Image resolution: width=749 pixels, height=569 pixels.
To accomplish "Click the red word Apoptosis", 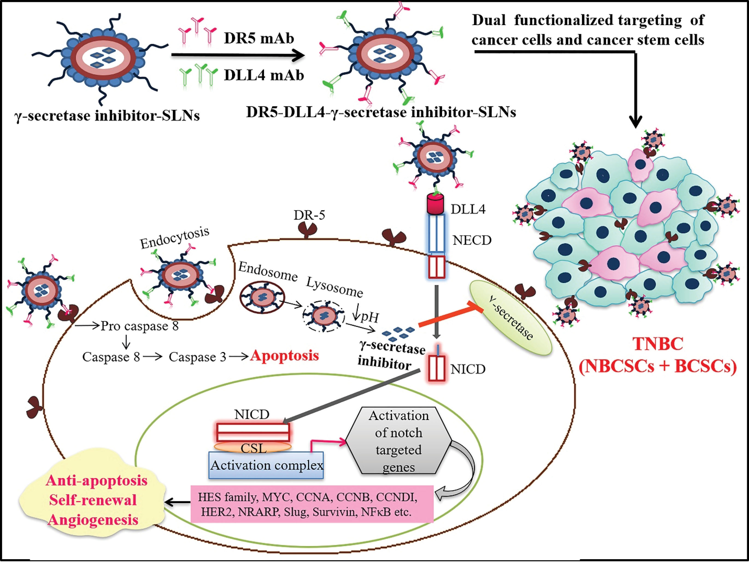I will [284, 356].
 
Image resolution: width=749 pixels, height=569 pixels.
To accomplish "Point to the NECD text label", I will [472, 240].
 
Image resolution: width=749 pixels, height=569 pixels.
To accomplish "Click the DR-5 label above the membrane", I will [309, 215].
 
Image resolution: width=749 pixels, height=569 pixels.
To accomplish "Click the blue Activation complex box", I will [266, 465].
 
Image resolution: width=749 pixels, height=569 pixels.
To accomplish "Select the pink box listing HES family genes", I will [312, 504].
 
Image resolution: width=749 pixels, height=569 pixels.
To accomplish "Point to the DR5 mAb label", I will [259, 38].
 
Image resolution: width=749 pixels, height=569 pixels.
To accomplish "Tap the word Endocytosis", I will [175, 238].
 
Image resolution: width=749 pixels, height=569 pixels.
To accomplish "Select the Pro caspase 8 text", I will [139, 326].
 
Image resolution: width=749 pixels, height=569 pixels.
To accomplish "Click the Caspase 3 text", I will [197, 357].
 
